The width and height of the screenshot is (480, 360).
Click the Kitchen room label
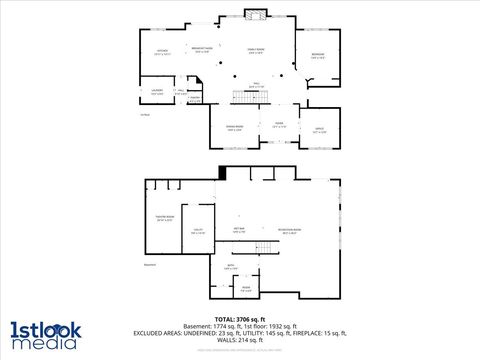[x=162, y=51]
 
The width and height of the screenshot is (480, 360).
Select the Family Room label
[x=256, y=51]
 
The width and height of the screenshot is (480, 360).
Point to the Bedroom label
[x=319, y=56]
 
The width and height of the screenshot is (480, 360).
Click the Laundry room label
[x=157, y=92]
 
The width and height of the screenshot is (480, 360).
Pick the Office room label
[x=319, y=130]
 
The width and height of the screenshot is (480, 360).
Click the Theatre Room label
[x=165, y=218]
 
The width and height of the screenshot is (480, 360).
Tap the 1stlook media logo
[x=45, y=334]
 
